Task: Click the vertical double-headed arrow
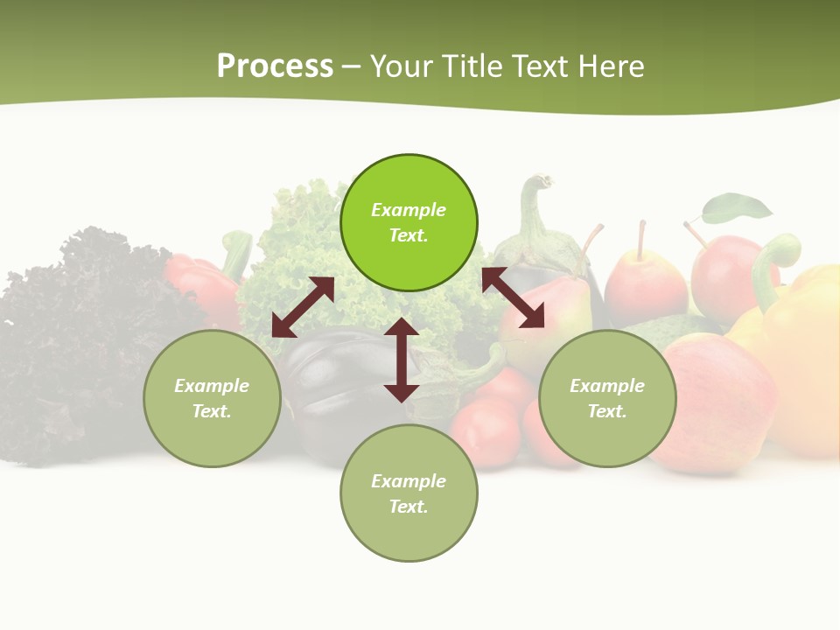pos(402,360)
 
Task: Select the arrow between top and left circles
pos(303,307)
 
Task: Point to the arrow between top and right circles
pos(513,297)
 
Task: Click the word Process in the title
pos(275,66)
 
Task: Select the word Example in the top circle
pos(409,210)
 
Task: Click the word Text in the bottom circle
pos(407,507)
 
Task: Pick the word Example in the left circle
pos(212,386)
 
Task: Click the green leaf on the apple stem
pos(737,208)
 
